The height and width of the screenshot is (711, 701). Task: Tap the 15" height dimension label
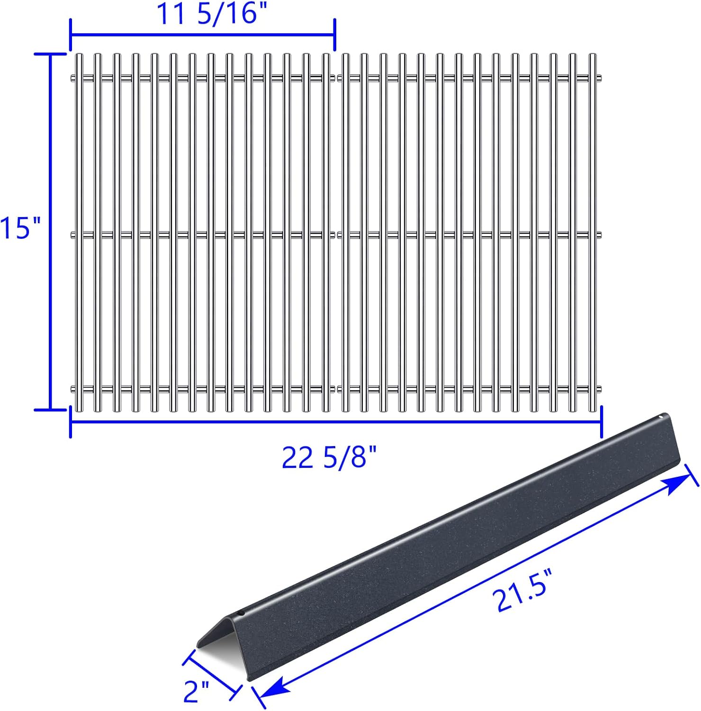pyautogui.click(x=20, y=228)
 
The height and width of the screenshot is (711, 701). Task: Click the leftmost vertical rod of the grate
pyautogui.click(x=79, y=232)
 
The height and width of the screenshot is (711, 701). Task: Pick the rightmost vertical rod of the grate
pyautogui.click(x=592, y=232)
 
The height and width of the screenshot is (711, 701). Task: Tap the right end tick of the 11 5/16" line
pyautogui.click(x=335, y=35)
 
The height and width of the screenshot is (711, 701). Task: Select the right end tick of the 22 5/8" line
pyautogui.click(x=602, y=422)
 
